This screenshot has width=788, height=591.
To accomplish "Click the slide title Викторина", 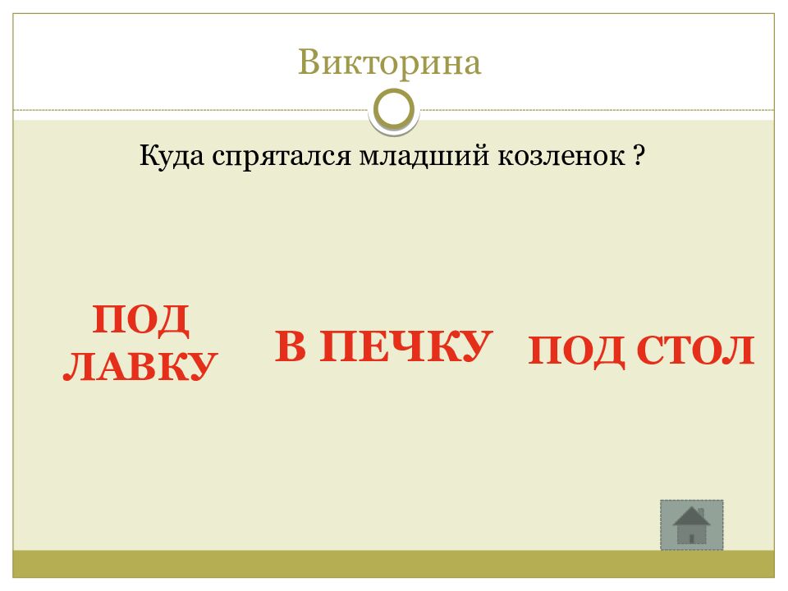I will (389, 63).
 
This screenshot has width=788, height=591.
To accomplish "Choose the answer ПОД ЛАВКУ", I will (140, 342).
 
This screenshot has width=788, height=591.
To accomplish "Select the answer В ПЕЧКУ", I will (383, 346).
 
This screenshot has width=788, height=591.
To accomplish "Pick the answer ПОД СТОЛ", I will (640, 351).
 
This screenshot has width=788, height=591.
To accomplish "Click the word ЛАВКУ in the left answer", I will (140, 365).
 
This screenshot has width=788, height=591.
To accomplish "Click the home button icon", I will (692, 525).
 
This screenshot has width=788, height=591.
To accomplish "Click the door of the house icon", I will (692, 536).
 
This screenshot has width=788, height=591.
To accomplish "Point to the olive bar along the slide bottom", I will (394, 563).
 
